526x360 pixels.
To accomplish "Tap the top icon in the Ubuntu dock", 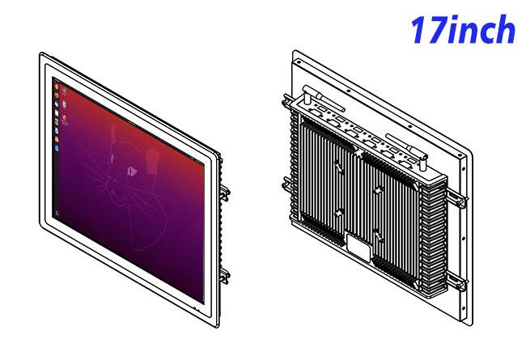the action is [x=57, y=87].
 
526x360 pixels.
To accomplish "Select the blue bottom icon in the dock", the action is [x=57, y=147].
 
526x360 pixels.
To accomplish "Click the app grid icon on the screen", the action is [x=57, y=214].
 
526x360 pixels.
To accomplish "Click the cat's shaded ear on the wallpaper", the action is [x=153, y=160].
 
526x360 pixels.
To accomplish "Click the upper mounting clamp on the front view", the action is [x=224, y=193].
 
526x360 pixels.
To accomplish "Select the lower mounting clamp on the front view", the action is [x=224, y=276].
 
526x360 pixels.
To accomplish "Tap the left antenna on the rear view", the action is [x=323, y=98].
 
